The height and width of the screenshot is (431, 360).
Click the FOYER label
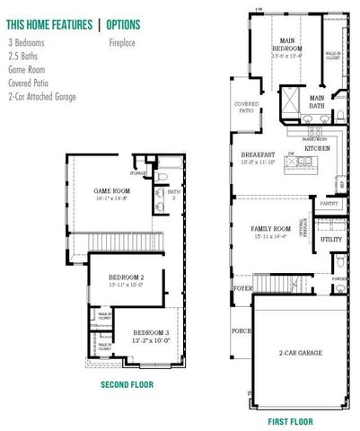point(242,289)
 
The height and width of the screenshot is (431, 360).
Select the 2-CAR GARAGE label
point(300,354)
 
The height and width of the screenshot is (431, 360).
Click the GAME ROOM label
point(114,191)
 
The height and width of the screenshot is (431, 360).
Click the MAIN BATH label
point(317,101)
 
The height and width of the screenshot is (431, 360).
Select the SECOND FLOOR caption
point(127,384)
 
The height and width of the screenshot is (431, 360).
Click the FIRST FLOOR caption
point(290,420)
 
